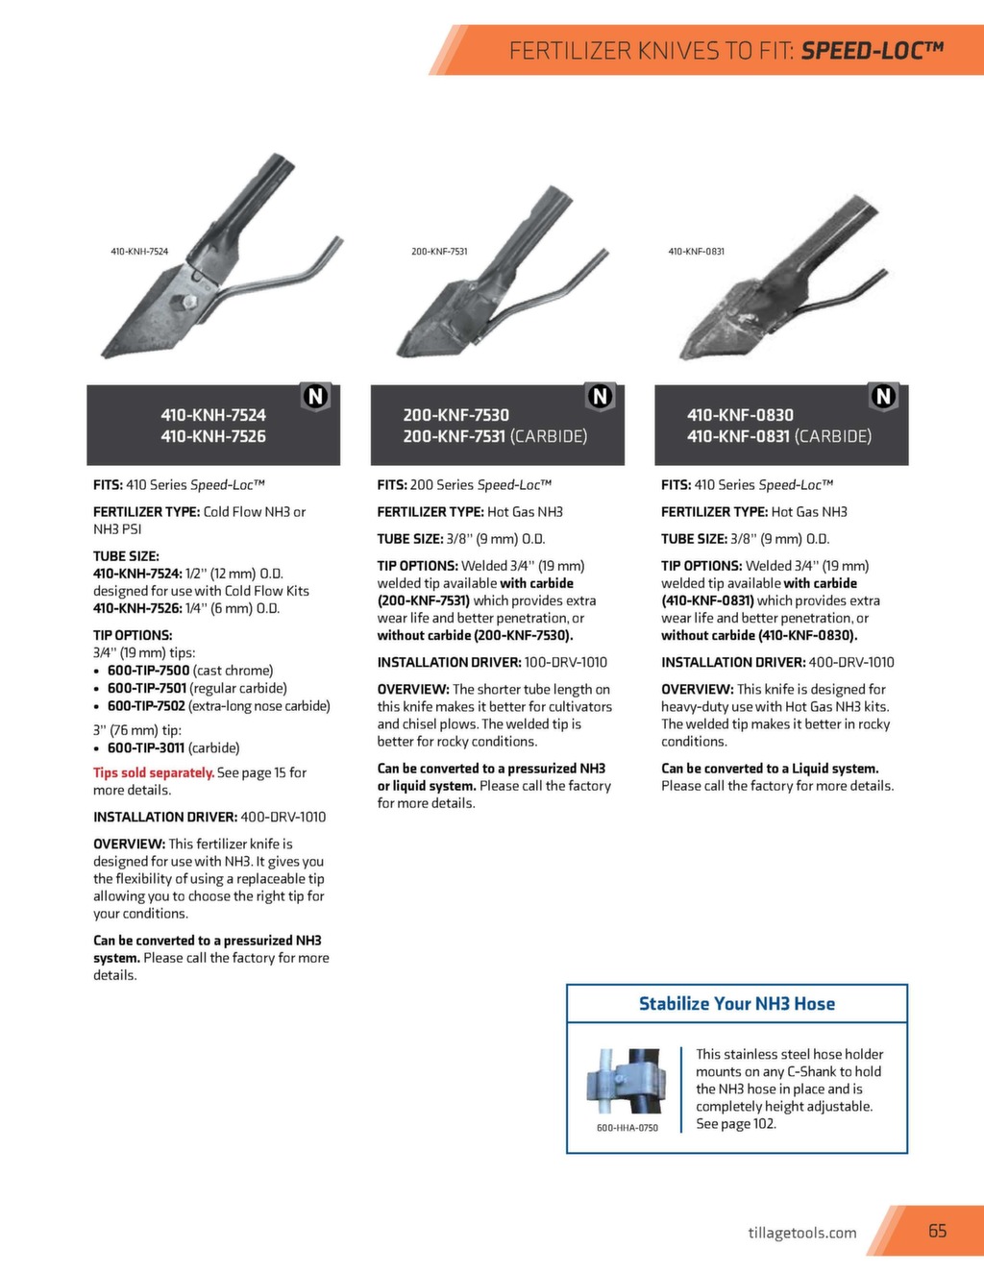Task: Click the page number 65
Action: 937,1231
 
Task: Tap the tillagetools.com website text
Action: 801,1233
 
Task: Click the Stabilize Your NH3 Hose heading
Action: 737,1004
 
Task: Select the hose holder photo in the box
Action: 627,1081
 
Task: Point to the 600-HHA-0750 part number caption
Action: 627,1128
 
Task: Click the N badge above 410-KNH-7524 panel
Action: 315,396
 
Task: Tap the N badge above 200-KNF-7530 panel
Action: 600,396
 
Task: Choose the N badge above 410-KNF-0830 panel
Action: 883,396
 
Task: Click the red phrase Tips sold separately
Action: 154,772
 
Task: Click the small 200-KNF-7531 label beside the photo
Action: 439,252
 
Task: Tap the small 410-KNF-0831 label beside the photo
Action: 696,252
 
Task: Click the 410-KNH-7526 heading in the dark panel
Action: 213,436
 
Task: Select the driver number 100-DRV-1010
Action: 565,662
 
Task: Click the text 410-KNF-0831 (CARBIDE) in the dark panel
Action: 778,436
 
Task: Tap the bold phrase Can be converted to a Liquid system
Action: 770,769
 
